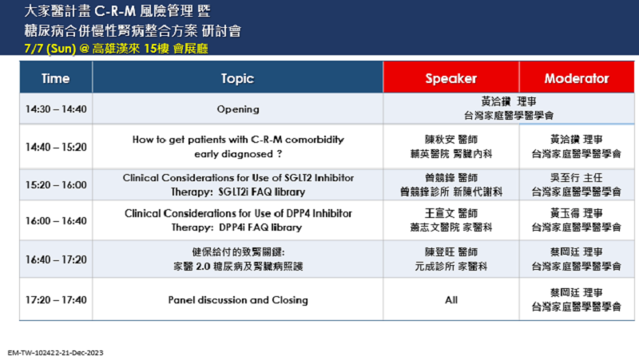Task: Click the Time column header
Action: pyautogui.click(x=56, y=77)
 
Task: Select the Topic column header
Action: pyautogui.click(x=237, y=77)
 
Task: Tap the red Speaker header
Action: pyautogui.click(x=451, y=77)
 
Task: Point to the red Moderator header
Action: pyautogui.click(x=577, y=77)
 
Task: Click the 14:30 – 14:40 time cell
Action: pyautogui.click(x=56, y=109)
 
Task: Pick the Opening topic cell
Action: pyautogui.click(x=238, y=109)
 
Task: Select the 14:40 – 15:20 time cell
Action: pyautogui.click(x=56, y=147)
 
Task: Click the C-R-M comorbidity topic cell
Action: pyautogui.click(x=238, y=147)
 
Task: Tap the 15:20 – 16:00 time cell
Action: pyautogui.click(x=56, y=184)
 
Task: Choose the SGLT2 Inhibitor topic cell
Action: pyautogui.click(x=238, y=184)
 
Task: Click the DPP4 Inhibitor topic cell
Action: pyautogui.click(x=238, y=220)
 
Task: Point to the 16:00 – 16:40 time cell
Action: pyautogui.click(x=56, y=220)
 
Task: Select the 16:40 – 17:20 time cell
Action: pyautogui.click(x=56, y=259)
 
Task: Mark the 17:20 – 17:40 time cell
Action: pyautogui.click(x=56, y=299)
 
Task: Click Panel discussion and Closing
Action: pyautogui.click(x=238, y=299)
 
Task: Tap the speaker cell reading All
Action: pyautogui.click(x=451, y=299)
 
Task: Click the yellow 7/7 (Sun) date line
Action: pyautogui.click(x=116, y=49)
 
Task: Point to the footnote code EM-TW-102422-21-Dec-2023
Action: pyautogui.click(x=55, y=353)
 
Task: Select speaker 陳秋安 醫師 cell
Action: pyautogui.click(x=451, y=147)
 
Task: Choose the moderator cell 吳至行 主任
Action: pyautogui.click(x=577, y=184)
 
